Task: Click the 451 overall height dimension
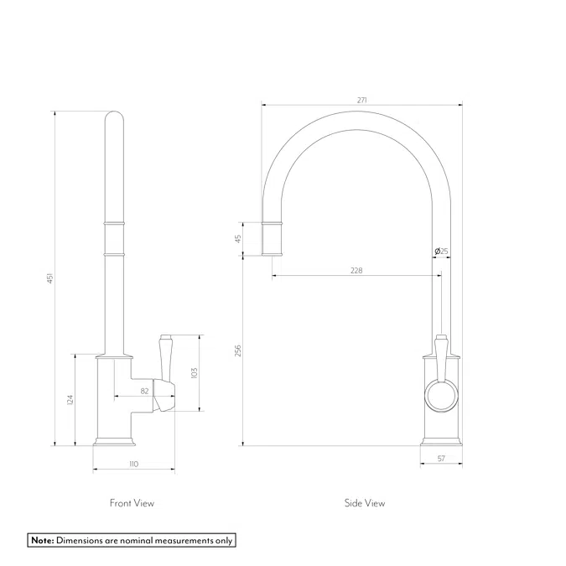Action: tap(50, 278)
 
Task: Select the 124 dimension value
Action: tap(70, 400)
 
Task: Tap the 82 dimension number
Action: tap(144, 391)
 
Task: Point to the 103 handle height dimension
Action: tap(194, 373)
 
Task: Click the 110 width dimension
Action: tap(133, 464)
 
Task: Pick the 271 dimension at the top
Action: tap(361, 100)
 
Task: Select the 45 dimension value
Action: tap(238, 239)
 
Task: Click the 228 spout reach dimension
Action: tap(356, 270)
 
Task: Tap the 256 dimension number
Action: tap(238, 351)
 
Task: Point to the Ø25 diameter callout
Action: tap(441, 251)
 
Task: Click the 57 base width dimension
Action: tap(441, 459)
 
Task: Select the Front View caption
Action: tap(132, 503)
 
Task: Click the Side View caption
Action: tap(365, 503)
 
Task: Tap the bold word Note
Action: tap(43, 540)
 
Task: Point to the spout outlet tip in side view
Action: tap(272, 254)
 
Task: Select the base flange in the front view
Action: tap(114, 441)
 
